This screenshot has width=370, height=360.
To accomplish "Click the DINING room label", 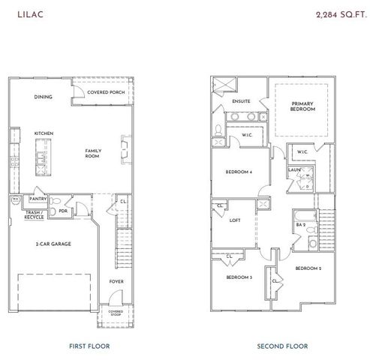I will click(x=44, y=97).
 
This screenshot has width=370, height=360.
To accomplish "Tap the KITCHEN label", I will click(x=44, y=133).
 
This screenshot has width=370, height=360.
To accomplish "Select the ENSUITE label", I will click(x=241, y=101).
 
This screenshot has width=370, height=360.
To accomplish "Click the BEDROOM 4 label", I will click(x=239, y=172).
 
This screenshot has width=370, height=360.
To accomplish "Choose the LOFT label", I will click(x=236, y=220).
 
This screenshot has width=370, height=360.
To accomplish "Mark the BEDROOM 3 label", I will click(x=239, y=277).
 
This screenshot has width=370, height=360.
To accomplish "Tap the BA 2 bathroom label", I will click(x=300, y=224).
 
